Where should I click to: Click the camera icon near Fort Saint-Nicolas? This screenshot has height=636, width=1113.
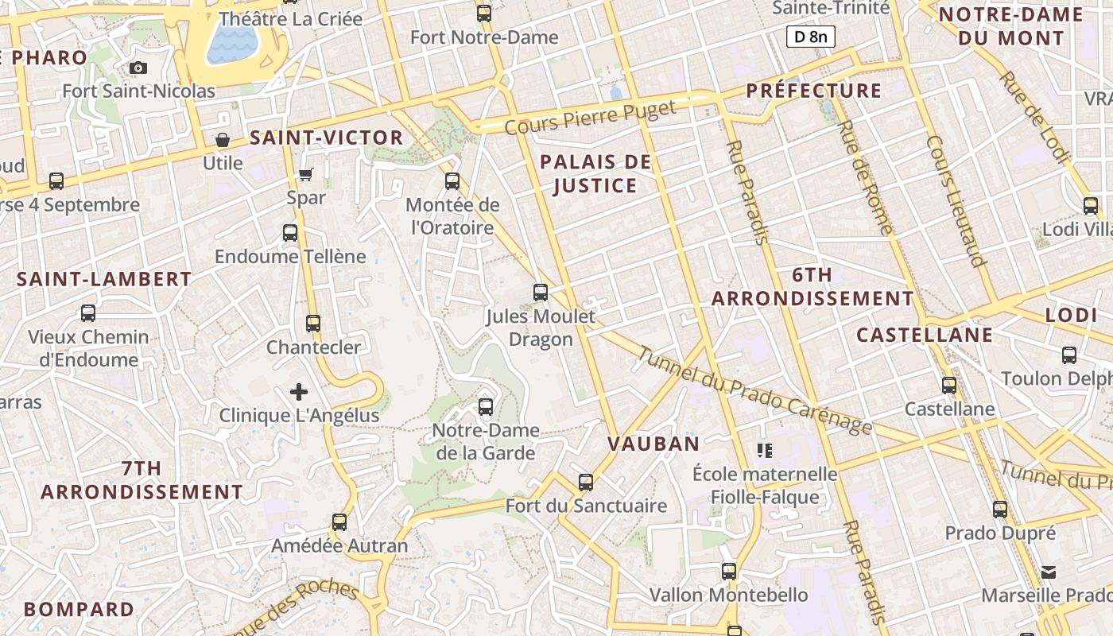138,68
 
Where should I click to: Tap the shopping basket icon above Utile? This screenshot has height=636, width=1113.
223,141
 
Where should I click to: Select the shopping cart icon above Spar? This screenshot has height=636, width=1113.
306,174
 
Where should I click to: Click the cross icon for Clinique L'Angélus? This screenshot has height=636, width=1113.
299,392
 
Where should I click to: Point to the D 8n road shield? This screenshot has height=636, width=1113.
810,36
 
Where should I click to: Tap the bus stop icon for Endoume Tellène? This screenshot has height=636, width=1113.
290,233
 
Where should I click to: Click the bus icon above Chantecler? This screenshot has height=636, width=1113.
313,324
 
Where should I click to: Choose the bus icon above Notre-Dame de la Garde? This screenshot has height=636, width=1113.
486,407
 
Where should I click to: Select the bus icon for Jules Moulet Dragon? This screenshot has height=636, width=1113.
541,293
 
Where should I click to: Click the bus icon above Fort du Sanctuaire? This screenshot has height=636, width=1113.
586,483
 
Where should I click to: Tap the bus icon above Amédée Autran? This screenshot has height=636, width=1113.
339,522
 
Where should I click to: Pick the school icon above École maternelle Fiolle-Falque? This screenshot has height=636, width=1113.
765,451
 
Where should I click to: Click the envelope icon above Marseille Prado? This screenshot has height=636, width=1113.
1049,572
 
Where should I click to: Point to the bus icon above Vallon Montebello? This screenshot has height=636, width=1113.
729,572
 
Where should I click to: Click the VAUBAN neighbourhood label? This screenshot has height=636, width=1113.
653,444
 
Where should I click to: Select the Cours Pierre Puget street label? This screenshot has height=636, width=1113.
590,117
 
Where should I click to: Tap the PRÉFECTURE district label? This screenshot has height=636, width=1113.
814,91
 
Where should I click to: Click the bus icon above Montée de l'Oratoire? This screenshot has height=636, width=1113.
452,181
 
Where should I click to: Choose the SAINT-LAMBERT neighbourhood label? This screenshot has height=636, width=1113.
104,279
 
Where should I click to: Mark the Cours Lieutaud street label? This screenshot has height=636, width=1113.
956,200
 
